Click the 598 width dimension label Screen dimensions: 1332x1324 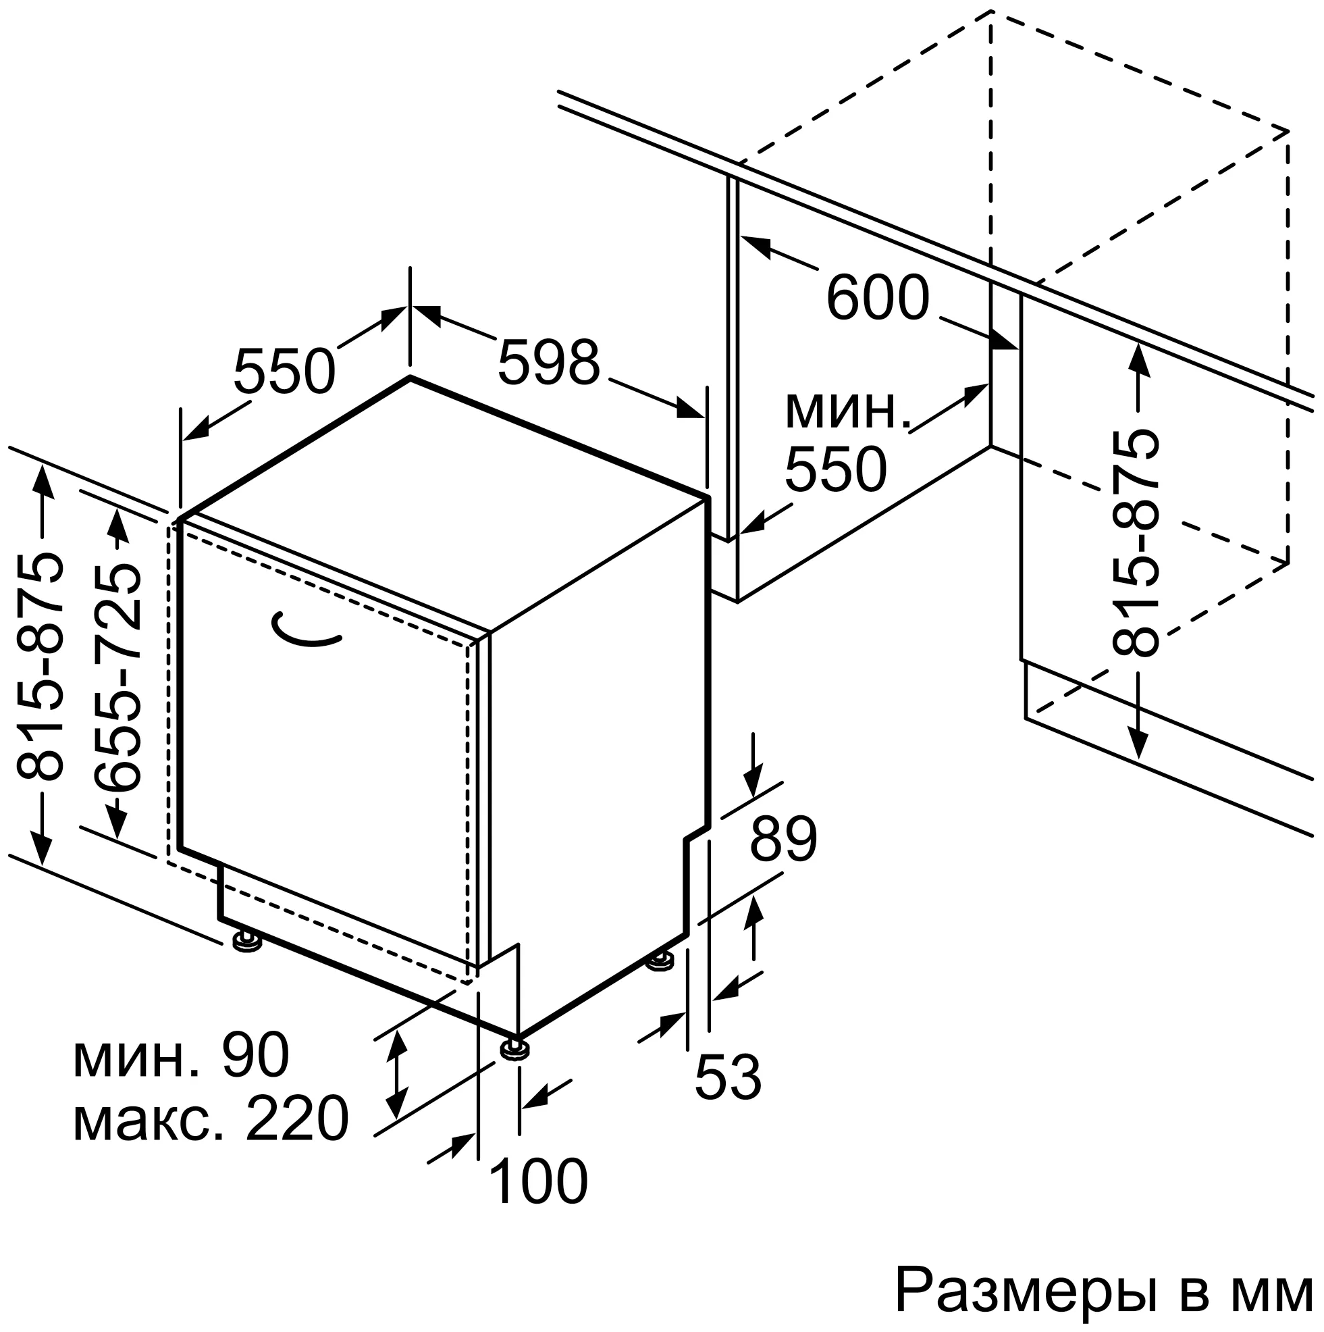point(549,363)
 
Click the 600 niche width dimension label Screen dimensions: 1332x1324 point(878,298)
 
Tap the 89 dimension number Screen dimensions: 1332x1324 point(783,840)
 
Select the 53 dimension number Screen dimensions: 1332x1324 point(728,1077)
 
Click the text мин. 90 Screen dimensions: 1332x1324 point(181,1056)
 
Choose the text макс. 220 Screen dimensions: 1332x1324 point(210,1119)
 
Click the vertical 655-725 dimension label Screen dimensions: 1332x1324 point(119,677)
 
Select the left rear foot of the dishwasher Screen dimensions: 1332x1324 point(246,942)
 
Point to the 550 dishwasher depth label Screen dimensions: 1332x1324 point(284,372)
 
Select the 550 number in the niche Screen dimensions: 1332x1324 point(835,469)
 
